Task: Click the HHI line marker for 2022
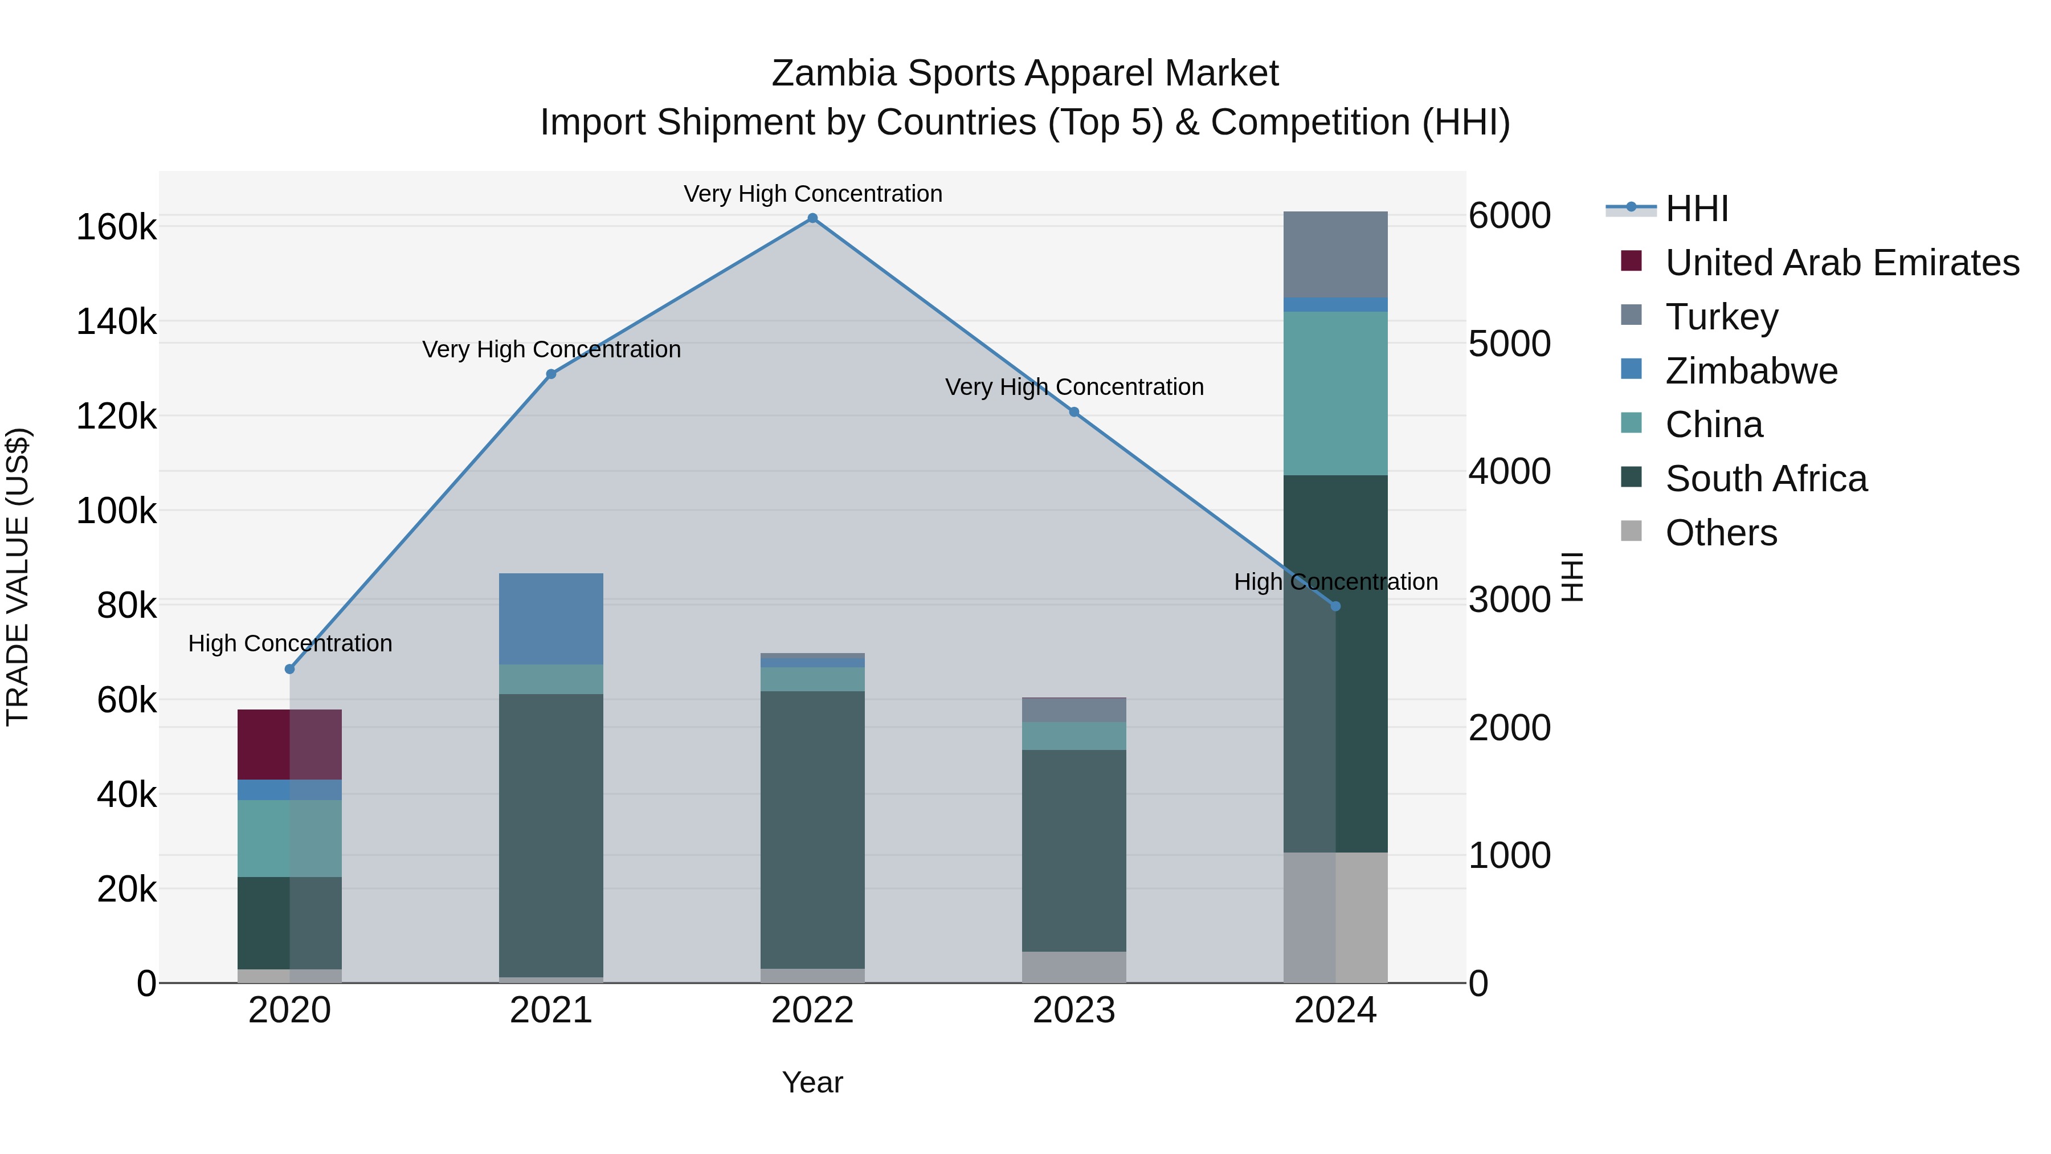812,218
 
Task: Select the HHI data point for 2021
551,374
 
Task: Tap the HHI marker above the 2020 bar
290,669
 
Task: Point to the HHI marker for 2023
1074,412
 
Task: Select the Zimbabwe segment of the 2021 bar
551,619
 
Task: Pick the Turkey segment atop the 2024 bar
1335,254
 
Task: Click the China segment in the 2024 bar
1335,393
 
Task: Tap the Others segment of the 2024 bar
1335,918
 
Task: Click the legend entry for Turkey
1721,317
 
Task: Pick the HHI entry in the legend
1696,209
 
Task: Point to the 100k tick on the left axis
116,511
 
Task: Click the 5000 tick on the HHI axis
1509,344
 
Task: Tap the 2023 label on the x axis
1074,1010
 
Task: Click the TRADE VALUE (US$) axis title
18,577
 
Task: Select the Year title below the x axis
812,1082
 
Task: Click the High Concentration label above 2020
290,643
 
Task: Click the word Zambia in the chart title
834,74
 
